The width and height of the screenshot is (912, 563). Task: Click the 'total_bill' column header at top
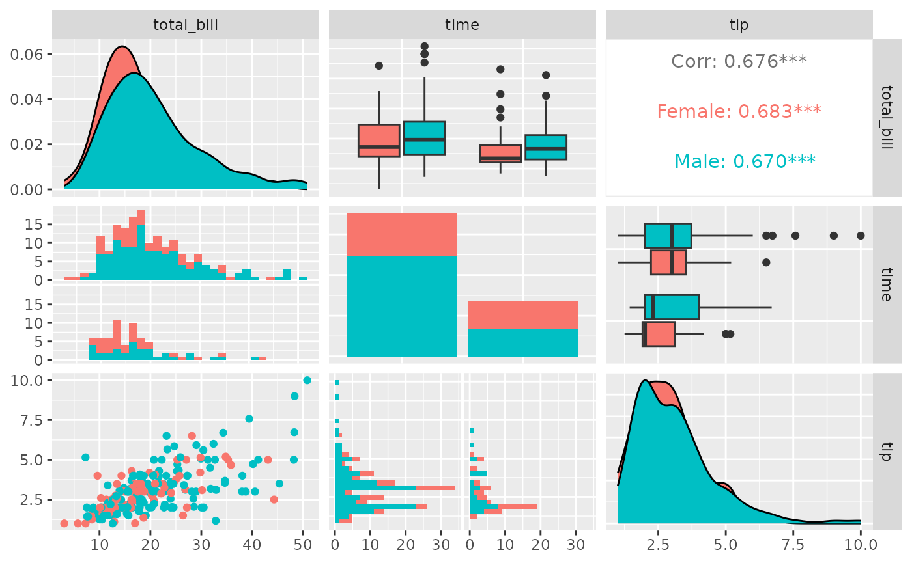(185, 25)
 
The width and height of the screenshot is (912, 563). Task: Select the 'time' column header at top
(462, 25)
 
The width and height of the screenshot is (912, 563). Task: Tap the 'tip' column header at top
(739, 25)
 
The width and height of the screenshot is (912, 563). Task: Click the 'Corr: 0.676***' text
(739, 61)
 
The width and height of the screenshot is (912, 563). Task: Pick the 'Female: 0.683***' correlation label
(739, 111)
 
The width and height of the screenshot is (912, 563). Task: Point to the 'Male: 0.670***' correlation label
(739, 161)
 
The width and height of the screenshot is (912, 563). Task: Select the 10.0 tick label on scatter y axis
(28, 380)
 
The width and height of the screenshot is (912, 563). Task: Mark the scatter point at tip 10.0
(307, 380)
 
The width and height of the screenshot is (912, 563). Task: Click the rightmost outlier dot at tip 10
(861, 236)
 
